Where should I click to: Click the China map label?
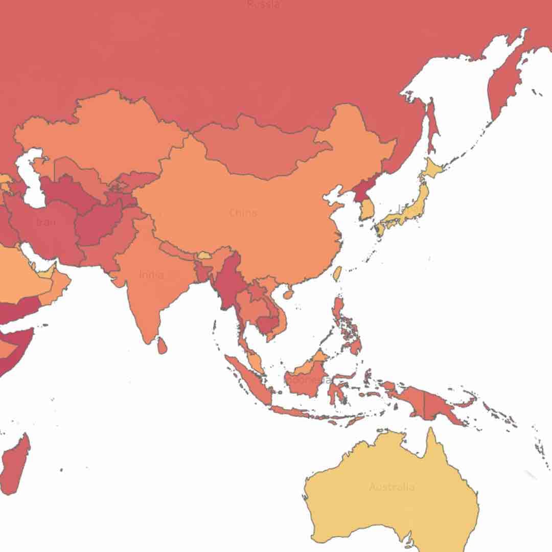point(243,213)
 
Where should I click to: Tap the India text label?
point(152,275)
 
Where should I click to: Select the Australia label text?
point(392,487)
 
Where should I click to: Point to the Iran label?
point(46,222)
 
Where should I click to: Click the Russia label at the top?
point(264,5)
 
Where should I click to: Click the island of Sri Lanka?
point(162,346)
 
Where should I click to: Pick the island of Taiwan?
point(337,273)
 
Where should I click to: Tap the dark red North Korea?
point(358,190)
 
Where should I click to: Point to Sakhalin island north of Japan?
point(431,125)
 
